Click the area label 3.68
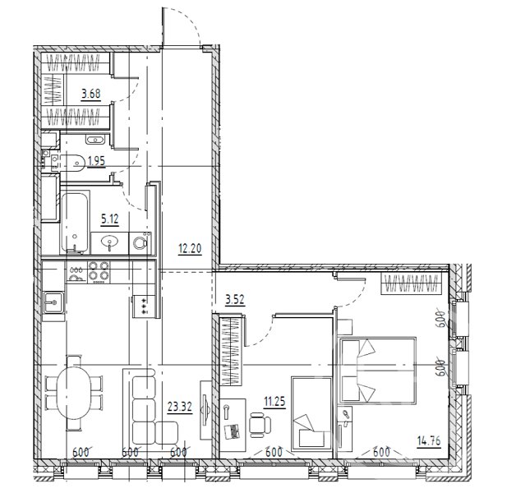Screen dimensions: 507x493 [x=91, y=94]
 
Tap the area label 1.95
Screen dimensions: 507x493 [x=96, y=161]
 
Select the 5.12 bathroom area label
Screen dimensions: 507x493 [x=110, y=219]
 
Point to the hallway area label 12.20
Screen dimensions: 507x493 [x=190, y=249]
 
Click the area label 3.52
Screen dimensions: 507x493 [x=235, y=300]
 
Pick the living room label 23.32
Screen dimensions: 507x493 [x=180, y=407]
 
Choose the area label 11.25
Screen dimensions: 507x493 [x=274, y=402]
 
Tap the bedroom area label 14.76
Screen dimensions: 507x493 [x=429, y=440]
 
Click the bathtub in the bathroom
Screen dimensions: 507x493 [x=75, y=222]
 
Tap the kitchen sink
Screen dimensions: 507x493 [x=53, y=302]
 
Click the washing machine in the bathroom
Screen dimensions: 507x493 [x=141, y=242]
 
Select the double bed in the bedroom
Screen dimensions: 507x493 [x=376, y=370]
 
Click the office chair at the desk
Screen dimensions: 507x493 [x=260, y=425]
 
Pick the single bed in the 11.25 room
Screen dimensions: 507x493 [x=312, y=413]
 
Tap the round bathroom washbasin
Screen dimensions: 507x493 [x=109, y=242]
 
